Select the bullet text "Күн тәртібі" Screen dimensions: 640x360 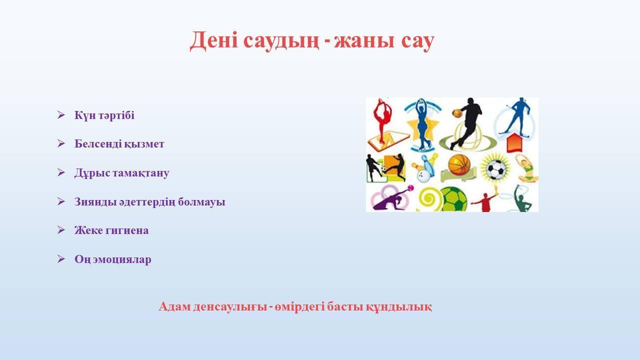pos(104,115)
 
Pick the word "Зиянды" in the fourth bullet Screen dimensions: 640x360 pos(95,201)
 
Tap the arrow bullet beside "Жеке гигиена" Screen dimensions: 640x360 pos(61,230)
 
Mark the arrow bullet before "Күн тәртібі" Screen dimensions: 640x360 pos(61,115)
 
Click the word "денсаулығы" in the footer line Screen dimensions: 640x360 pos(230,307)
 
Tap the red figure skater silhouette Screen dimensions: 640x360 pos(381,120)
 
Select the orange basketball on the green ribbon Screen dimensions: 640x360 pos(459,165)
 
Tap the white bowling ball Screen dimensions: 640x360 pos(423,175)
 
